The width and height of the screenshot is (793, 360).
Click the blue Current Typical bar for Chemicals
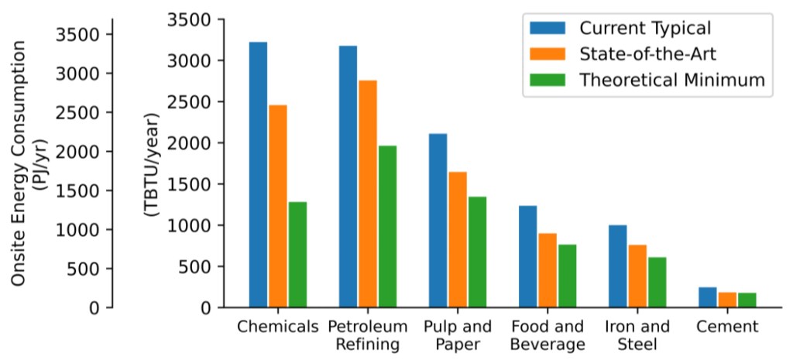pos(258,174)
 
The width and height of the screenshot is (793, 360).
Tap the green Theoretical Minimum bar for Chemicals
pos(297,255)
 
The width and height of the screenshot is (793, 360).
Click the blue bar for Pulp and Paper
pos(438,221)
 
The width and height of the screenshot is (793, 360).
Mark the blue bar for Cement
pos(708,297)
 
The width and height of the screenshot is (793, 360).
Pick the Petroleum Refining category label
pos(368,334)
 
